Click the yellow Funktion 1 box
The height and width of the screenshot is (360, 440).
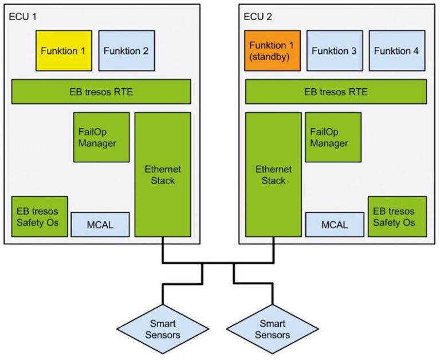(x=64, y=50)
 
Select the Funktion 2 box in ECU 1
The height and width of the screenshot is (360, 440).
(x=126, y=50)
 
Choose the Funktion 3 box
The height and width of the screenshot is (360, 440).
(x=334, y=50)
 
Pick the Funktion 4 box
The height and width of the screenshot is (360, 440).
(x=396, y=50)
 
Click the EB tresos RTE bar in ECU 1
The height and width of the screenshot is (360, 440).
(x=101, y=92)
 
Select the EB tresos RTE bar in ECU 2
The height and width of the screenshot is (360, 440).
(x=336, y=92)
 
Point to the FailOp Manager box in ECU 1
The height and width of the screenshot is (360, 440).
(x=101, y=137)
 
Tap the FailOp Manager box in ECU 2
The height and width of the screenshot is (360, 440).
(x=333, y=137)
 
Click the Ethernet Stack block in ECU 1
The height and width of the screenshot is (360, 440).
(x=162, y=174)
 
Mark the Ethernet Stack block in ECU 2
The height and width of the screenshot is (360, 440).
(x=273, y=174)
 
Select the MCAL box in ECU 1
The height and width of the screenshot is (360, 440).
(x=100, y=224)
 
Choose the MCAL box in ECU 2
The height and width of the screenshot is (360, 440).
(x=334, y=224)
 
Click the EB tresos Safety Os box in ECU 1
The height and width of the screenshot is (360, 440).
(x=39, y=216)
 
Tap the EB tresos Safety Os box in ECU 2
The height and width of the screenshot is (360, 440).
(x=396, y=216)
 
